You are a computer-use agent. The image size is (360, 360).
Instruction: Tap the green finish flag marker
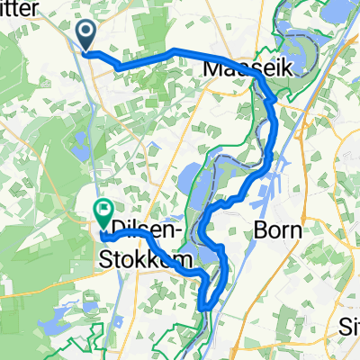point(102,214)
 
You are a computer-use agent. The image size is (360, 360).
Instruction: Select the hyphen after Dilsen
point(187,233)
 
